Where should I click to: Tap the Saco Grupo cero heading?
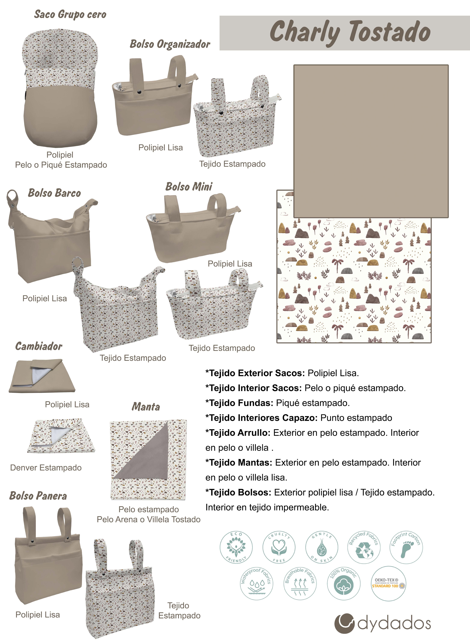(x=70, y=14)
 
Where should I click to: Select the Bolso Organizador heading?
(x=170, y=44)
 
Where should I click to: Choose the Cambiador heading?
(x=39, y=346)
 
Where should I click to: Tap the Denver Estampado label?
(x=46, y=468)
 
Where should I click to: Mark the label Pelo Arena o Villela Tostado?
(x=149, y=519)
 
